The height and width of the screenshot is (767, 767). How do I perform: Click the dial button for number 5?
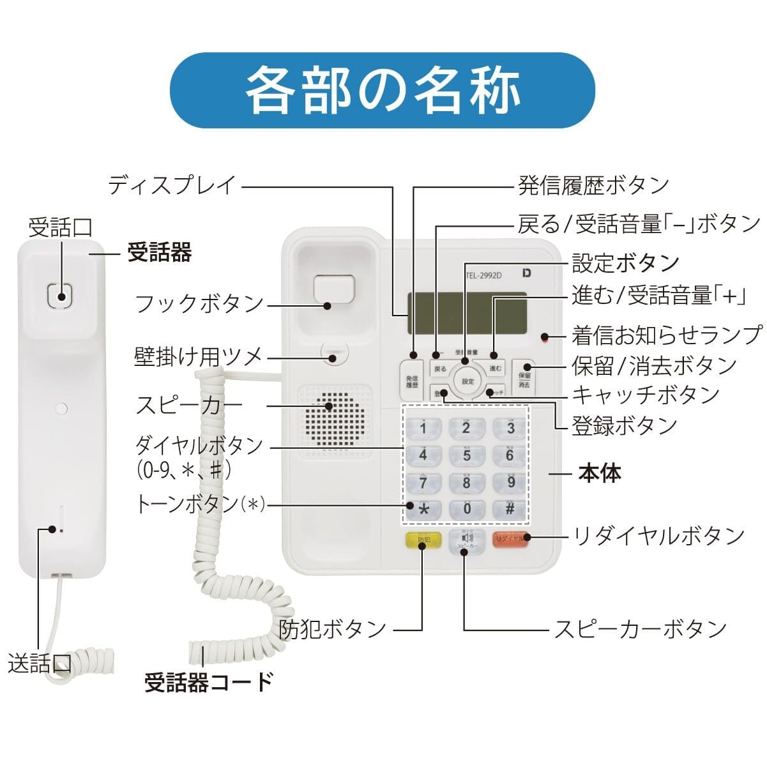[x=466, y=455]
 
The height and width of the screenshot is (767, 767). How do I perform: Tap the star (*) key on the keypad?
[x=423, y=509]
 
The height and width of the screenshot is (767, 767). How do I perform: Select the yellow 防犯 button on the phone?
[x=423, y=541]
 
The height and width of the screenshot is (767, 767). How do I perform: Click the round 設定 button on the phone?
[x=467, y=381]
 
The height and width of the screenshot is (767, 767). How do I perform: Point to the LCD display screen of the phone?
[x=466, y=313]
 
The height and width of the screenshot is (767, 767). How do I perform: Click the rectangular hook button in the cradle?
[x=333, y=289]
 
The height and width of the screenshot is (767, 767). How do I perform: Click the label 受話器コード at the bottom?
[x=209, y=682]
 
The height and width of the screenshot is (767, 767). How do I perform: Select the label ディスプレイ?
[x=172, y=186]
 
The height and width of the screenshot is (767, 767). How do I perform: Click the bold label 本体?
[x=599, y=473]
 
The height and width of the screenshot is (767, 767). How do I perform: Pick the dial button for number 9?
[x=510, y=482]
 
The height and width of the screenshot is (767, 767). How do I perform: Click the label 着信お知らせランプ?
[x=667, y=334]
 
